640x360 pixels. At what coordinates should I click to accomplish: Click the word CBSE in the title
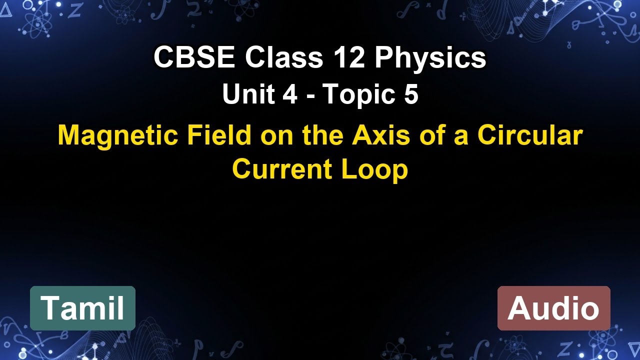194,58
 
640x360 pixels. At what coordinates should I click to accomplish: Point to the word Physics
430,59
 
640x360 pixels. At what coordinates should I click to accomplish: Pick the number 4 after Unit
290,94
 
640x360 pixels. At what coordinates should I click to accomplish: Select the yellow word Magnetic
118,135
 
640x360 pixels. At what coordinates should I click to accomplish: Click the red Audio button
553,308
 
